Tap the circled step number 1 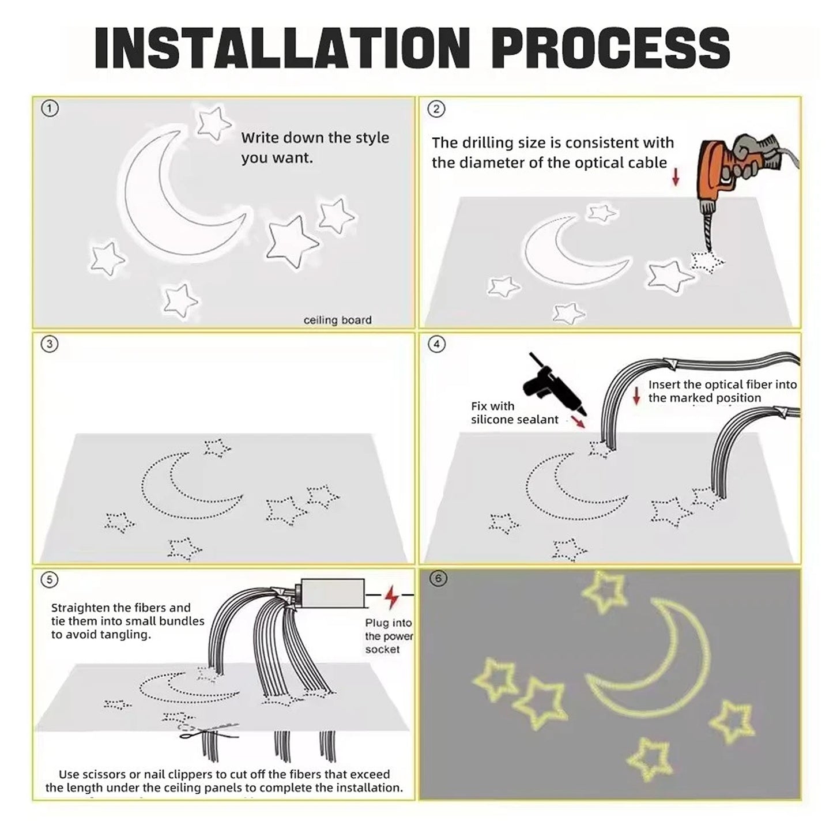click(50, 108)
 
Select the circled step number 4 click(436, 344)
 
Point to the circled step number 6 click(438, 578)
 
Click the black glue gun click(556, 385)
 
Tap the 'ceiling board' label click(338, 321)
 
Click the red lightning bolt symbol click(391, 597)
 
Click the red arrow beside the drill click(675, 176)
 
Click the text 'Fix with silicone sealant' click(514, 413)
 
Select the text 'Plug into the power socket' click(389, 636)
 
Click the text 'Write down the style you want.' click(315, 148)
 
